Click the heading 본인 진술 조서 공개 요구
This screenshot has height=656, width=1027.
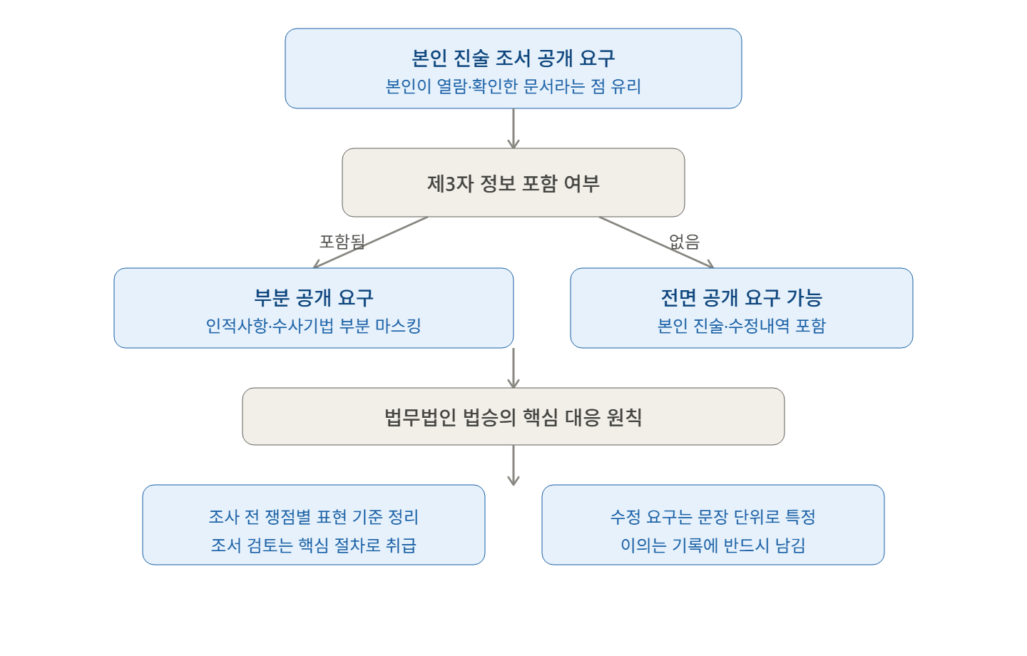coord(513,58)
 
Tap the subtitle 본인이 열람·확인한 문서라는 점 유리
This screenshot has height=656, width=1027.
coord(513,86)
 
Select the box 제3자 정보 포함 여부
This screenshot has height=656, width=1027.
coord(513,183)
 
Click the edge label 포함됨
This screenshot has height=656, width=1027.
coord(342,241)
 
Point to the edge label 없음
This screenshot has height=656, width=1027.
coord(684,241)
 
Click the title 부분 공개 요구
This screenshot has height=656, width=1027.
coord(314,297)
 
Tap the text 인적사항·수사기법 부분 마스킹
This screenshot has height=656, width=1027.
coord(314,325)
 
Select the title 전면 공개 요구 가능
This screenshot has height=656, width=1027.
coord(742,297)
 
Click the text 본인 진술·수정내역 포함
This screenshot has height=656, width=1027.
coord(742,325)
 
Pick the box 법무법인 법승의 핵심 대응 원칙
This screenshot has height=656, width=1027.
coord(513,416)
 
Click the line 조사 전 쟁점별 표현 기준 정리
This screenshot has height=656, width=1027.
coord(314,517)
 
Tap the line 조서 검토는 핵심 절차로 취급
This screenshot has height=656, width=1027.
coord(314,545)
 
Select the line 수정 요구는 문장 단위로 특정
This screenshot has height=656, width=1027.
coord(713,517)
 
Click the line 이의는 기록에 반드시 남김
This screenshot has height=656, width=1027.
coord(713,545)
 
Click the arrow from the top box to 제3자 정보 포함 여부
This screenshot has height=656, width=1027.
coord(513,128)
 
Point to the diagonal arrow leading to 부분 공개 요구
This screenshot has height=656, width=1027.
coord(370,242)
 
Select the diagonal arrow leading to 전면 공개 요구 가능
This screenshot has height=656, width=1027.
coord(656,242)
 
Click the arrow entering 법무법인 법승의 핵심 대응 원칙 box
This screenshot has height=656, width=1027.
coord(513,368)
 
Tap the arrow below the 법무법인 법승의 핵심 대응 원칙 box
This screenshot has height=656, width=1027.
coord(513,465)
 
